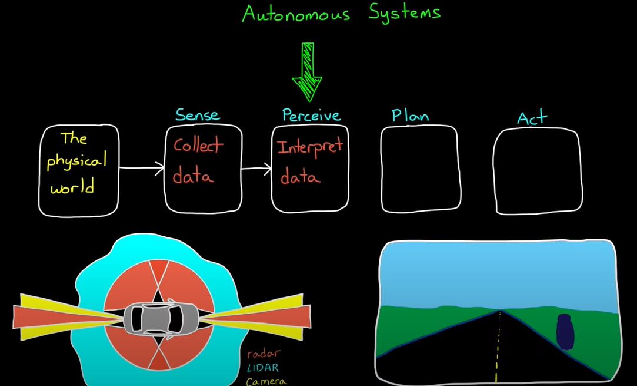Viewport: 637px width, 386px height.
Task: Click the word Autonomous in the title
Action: [296, 14]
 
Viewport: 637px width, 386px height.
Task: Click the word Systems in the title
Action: [405, 13]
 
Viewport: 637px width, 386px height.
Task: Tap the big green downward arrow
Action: [307, 72]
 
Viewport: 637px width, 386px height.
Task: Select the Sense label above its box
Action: [198, 115]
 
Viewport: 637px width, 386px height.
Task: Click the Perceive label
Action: [312, 116]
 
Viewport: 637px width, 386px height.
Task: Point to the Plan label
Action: [411, 116]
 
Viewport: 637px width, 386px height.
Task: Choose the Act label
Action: [532, 117]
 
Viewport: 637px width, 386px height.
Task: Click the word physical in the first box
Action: [76, 162]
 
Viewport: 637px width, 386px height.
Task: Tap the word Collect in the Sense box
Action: [198, 145]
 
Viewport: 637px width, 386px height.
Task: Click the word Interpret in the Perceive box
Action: [311, 147]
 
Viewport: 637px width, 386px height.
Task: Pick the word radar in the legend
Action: [264, 354]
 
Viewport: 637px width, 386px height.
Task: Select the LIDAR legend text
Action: [264, 368]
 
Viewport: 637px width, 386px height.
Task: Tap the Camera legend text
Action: [266, 381]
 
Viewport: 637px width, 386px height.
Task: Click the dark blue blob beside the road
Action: [565, 332]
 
